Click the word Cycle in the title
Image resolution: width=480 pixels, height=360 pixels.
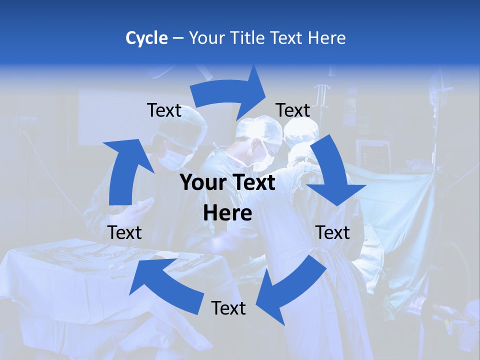point(146,38)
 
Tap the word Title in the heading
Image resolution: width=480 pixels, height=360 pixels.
point(249,38)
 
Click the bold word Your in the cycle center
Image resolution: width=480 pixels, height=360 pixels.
point(202,183)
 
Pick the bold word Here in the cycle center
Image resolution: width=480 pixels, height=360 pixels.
point(227,213)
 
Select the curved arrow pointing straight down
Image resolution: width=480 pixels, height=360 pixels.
point(332,170)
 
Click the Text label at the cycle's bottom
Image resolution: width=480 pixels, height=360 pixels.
point(228,308)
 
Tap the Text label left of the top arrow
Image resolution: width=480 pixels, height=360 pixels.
point(164,110)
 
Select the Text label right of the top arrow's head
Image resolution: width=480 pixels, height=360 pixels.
point(293,110)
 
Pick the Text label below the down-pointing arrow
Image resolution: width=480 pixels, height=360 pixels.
point(332,232)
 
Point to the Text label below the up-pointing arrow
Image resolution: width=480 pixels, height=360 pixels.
point(124,232)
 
